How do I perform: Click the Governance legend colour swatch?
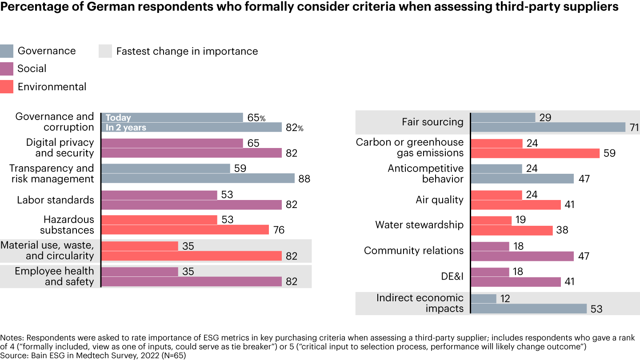(7, 51)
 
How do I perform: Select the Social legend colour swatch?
(7, 69)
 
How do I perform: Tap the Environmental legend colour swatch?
(7, 87)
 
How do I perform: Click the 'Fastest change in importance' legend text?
(187, 51)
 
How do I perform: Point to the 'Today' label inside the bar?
(118, 118)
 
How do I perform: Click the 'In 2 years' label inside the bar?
(126, 128)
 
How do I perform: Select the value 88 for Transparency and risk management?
(304, 179)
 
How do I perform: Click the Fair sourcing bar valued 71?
(548, 128)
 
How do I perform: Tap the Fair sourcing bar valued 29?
(503, 117)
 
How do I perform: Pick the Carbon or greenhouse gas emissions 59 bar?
(535, 153)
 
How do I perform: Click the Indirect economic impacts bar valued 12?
(483, 299)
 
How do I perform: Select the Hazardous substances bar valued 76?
(185, 230)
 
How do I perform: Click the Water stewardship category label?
(419, 225)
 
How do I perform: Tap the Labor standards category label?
(56, 200)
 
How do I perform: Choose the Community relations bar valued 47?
(522, 256)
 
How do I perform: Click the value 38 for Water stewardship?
(563, 231)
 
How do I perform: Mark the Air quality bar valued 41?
(516, 205)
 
